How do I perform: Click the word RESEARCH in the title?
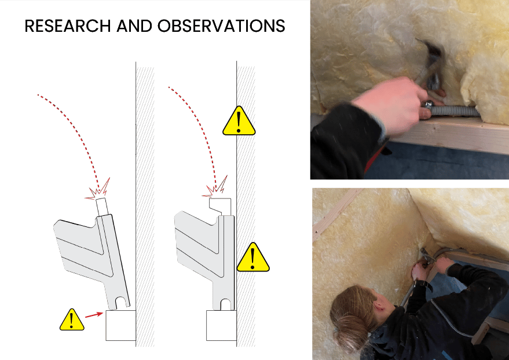68,26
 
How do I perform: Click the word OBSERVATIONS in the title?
221,26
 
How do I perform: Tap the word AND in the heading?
134,26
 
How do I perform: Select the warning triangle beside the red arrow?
72,320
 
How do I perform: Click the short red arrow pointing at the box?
94,315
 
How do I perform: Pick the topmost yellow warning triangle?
239,120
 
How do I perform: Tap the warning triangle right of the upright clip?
253,257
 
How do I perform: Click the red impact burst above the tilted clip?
98,189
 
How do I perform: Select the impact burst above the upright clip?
215,187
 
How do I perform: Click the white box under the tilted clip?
121,325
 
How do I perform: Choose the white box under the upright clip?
221,325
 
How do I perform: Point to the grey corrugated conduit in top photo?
455,111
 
